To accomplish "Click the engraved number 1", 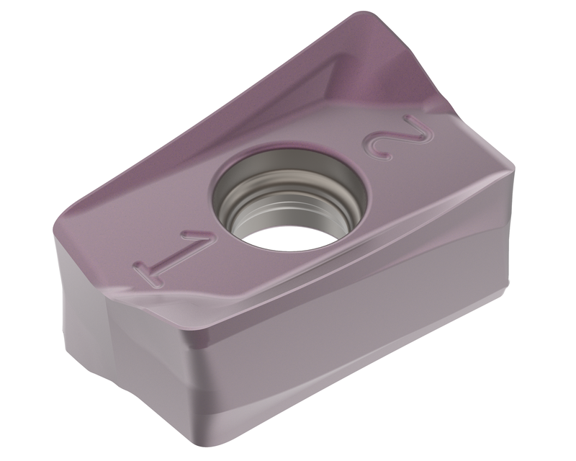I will click(168, 256).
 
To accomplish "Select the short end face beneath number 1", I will click(122, 346).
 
